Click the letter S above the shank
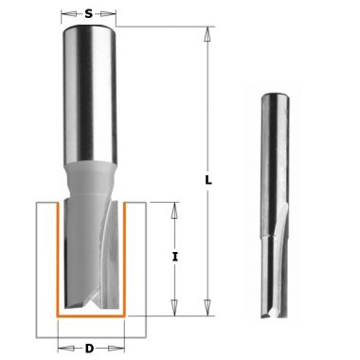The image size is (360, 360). [x=87, y=15]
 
